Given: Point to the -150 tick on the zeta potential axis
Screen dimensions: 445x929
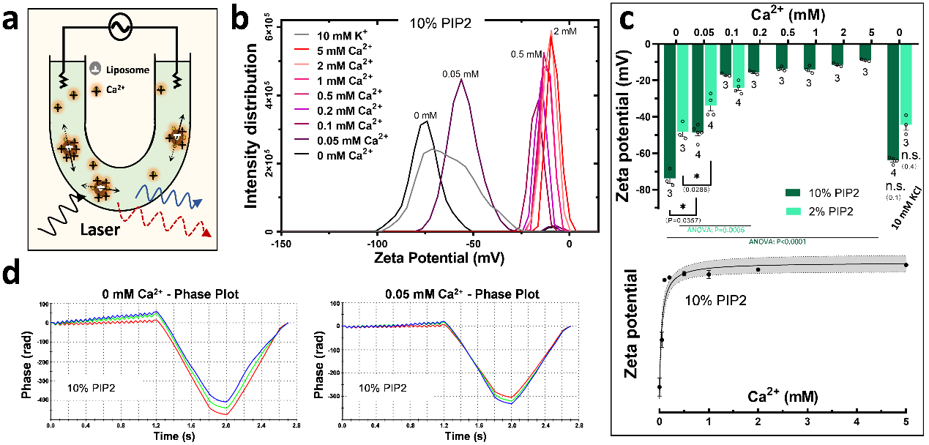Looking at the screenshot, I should [x=275, y=243].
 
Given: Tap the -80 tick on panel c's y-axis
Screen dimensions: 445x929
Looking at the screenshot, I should [x=646, y=190].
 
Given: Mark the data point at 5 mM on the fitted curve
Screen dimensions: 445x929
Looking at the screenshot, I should [x=906, y=265].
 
